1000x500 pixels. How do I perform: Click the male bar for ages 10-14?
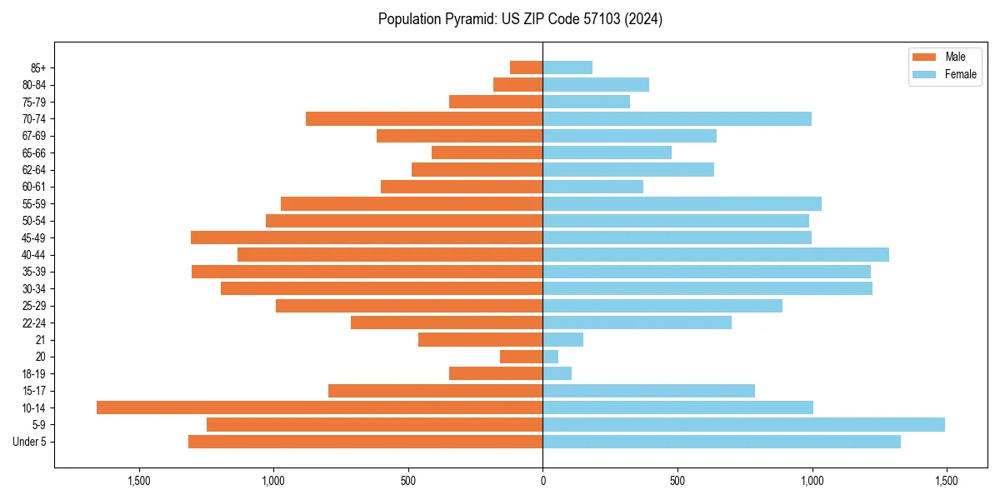(319, 407)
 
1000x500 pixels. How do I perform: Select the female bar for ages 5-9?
(743, 424)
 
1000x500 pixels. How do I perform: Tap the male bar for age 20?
(521, 357)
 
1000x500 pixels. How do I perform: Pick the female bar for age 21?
(562, 339)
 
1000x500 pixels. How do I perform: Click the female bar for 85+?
(567, 67)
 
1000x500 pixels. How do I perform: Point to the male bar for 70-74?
(424, 118)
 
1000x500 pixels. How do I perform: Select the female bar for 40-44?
(716, 254)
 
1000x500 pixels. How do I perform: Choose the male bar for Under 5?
(365, 442)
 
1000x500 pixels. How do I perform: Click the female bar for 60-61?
(592, 187)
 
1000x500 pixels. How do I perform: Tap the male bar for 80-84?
(517, 84)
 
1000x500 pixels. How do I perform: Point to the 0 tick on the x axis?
(542, 481)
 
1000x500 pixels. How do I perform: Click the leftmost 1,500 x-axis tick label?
(138, 481)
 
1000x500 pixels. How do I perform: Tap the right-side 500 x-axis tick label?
(677, 481)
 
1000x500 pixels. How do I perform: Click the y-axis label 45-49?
(33, 237)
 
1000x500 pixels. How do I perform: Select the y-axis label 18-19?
(33, 373)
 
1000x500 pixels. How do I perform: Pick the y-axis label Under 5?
(29, 442)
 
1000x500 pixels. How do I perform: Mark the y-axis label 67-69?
(33, 136)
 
